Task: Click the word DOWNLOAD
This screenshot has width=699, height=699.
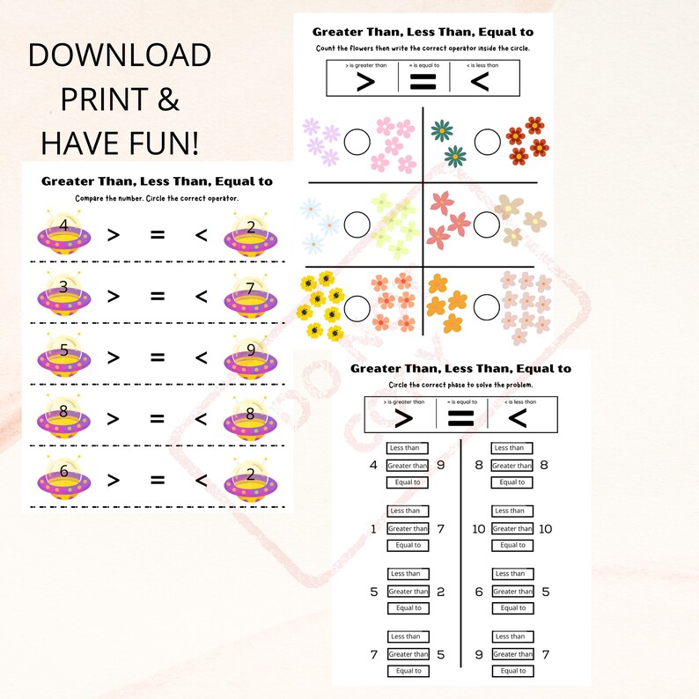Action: coord(120,56)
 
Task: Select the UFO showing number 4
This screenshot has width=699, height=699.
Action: coord(63,235)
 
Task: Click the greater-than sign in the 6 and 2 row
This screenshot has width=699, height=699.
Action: coord(113,480)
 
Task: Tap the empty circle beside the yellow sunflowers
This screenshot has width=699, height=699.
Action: coord(357,307)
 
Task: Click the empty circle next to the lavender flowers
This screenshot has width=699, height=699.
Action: coord(357,141)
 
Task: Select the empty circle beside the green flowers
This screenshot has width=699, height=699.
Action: coord(487,141)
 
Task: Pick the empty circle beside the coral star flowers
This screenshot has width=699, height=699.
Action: coord(487,224)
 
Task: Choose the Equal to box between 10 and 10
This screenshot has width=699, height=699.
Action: coord(510,546)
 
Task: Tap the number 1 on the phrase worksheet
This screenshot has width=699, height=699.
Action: coord(373,528)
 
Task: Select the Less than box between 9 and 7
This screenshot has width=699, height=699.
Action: coord(510,636)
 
